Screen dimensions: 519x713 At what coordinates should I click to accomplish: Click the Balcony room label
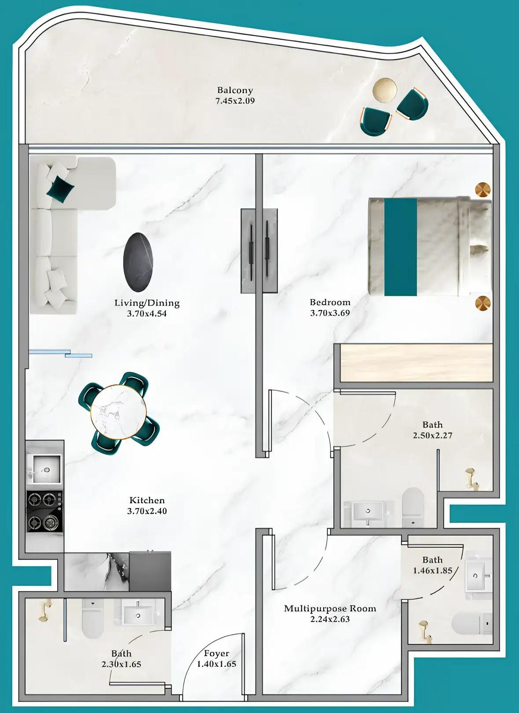[235, 90]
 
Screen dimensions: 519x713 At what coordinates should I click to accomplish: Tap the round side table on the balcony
[385, 90]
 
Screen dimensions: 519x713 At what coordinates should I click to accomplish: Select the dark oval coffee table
[138, 262]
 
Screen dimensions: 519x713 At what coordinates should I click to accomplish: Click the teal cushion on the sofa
[60, 189]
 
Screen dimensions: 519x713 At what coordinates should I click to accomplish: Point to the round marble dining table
[118, 412]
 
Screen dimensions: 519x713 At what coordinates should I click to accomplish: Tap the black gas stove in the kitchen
[44, 511]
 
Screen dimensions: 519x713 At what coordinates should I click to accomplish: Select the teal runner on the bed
[400, 247]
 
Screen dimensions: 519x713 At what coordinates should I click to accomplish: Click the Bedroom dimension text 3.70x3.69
[330, 313]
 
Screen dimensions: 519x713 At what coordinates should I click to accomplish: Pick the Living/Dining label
[147, 303]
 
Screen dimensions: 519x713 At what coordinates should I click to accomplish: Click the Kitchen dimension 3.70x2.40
[147, 511]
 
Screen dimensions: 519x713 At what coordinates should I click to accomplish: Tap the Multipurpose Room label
[330, 609]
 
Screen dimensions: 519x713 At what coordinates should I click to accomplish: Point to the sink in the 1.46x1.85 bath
[475, 576]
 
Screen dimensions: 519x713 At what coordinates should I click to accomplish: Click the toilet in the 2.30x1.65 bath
[92, 617]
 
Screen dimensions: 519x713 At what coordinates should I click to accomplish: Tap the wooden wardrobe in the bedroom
[416, 363]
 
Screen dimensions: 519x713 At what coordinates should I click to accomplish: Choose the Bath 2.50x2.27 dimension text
[432, 435]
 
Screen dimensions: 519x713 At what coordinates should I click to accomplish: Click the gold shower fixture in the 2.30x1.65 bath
[45, 610]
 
